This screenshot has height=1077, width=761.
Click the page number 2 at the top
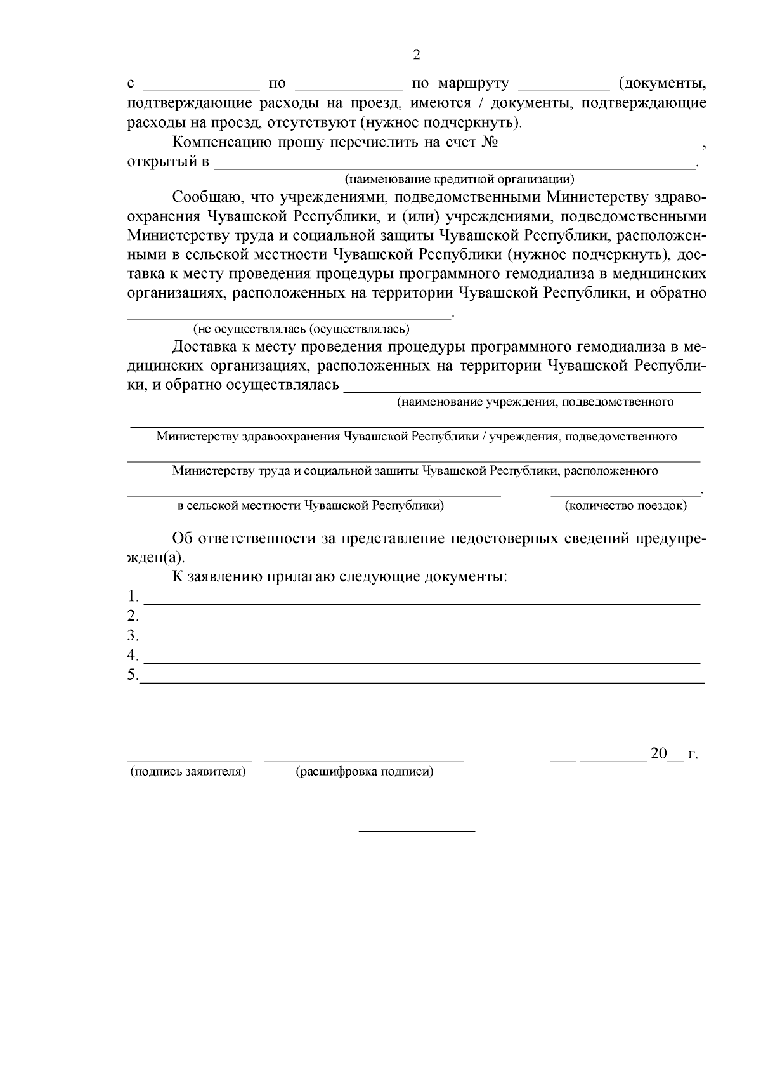pos(417,55)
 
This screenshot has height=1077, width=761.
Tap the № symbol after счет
pos(490,142)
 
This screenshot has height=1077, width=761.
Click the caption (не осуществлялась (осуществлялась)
pos(301,329)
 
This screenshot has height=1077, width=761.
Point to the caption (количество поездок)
pos(625,506)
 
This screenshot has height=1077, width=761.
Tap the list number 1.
pos(132,597)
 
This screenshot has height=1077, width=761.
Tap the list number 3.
pos(132,635)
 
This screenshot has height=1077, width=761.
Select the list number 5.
pos(132,675)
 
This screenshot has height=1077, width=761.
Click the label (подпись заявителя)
pos(188,772)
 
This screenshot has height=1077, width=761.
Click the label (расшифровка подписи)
pos(365,772)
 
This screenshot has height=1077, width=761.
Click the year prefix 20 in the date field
pos(659,753)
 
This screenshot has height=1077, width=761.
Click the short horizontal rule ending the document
pos(417,831)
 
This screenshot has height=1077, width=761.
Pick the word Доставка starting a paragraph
pos(202,347)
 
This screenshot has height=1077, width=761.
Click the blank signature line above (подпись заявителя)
pos(189,758)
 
